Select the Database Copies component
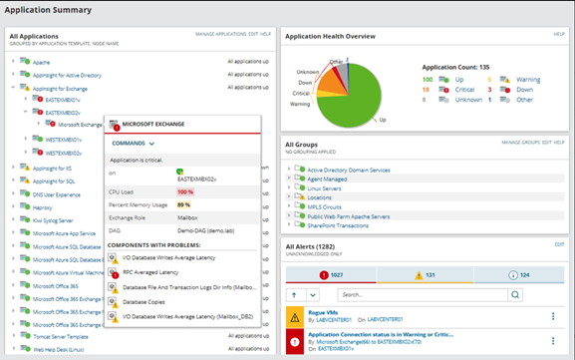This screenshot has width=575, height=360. [151, 300]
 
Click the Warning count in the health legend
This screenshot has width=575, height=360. [527, 79]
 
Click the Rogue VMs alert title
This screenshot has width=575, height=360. [324, 313]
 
